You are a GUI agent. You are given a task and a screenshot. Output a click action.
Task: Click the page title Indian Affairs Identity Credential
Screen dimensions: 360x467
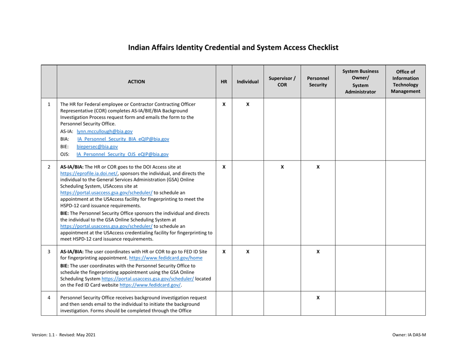coord(233,48)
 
